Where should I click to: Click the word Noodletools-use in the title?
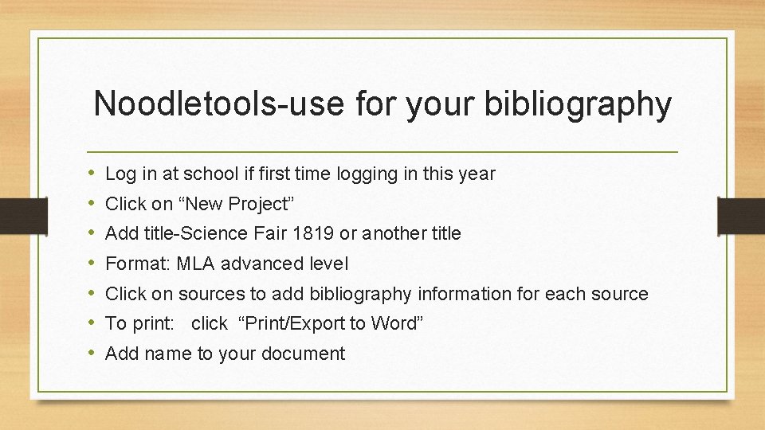click(x=208, y=104)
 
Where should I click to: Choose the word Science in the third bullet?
click(x=224, y=233)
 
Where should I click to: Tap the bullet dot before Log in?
click(x=93, y=174)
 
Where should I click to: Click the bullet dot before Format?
click(x=93, y=264)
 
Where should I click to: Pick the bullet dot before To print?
click(x=93, y=323)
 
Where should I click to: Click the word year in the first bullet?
click(x=477, y=174)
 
